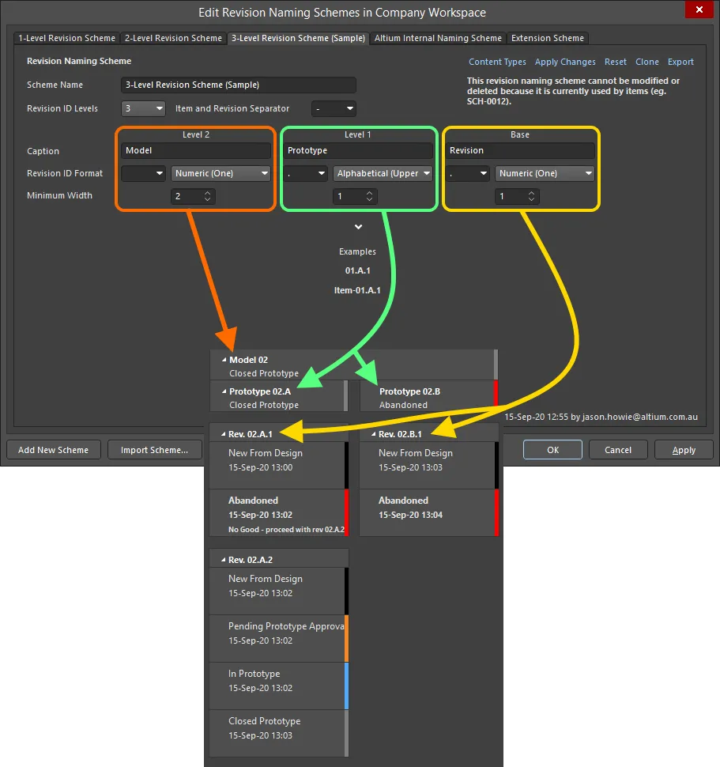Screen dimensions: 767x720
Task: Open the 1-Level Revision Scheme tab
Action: click(x=67, y=38)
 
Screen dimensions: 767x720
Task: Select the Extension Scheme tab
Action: click(x=547, y=38)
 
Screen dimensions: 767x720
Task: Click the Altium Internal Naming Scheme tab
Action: click(x=437, y=38)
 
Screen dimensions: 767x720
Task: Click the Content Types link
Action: click(x=497, y=62)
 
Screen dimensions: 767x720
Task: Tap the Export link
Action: click(x=680, y=62)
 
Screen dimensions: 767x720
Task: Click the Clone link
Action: click(x=646, y=62)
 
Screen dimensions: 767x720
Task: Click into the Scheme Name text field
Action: click(x=239, y=85)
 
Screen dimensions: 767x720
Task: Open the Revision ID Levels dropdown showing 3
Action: click(x=143, y=108)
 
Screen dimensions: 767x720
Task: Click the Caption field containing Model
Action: click(x=196, y=150)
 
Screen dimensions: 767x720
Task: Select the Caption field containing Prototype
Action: click(x=358, y=150)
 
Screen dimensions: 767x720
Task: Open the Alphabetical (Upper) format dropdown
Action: click(x=383, y=173)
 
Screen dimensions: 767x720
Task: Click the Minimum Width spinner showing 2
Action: click(x=193, y=196)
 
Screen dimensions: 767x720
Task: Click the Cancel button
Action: click(x=617, y=450)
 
